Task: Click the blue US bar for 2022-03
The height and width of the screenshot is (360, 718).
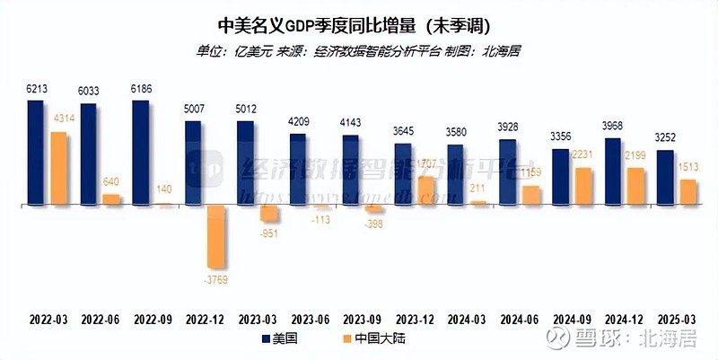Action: [36, 153]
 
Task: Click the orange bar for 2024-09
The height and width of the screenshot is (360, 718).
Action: [582, 187]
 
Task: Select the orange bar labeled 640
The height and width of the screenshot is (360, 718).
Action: [110, 199]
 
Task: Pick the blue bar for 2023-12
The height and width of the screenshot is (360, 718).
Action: [403, 174]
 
